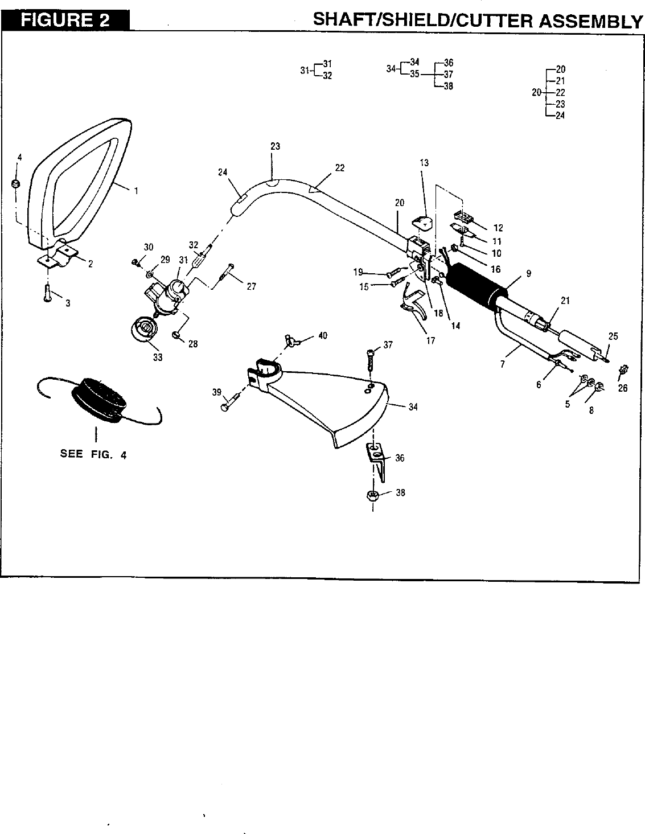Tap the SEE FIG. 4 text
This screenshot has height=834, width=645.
click(x=93, y=454)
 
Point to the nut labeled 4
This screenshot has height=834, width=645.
click(x=17, y=183)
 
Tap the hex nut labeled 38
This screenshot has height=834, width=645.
click(x=373, y=495)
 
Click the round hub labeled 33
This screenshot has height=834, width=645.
click(x=145, y=330)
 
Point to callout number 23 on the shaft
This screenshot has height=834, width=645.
click(x=276, y=146)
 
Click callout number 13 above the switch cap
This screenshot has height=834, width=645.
click(x=424, y=163)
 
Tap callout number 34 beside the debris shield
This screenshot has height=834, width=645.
click(x=413, y=407)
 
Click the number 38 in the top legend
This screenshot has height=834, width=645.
click(x=448, y=87)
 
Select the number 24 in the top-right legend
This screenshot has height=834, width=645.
click(x=560, y=115)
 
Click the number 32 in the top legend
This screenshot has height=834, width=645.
click(x=327, y=76)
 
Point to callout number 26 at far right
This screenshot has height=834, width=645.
click(x=622, y=389)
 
